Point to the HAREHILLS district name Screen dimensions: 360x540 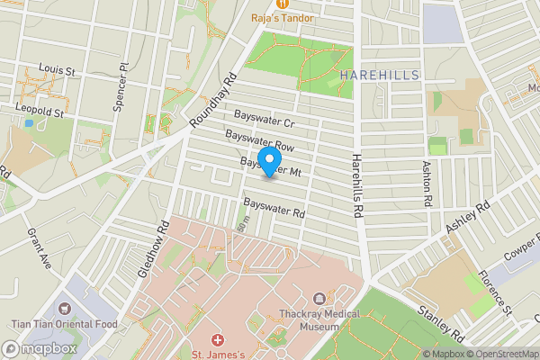coord(380,76)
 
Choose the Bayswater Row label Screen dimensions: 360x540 coord(261,140)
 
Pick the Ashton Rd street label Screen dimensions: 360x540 coord(427,185)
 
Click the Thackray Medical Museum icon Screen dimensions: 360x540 coord(318,300)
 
